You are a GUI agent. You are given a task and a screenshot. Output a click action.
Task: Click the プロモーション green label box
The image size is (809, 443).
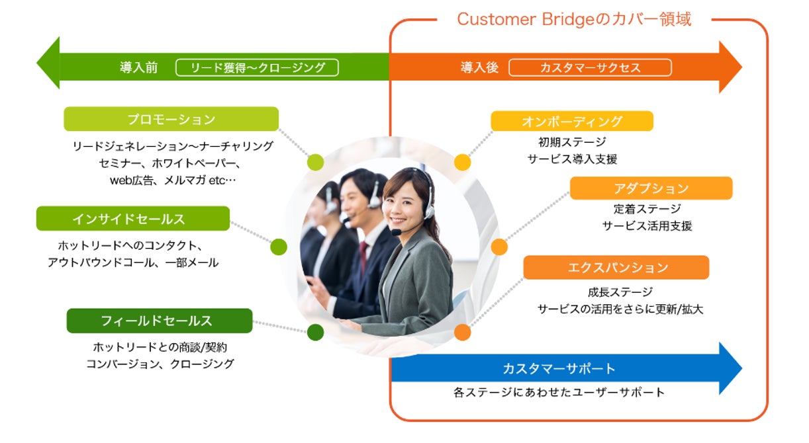171,119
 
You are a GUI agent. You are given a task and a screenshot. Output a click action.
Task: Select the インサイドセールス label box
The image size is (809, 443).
132,218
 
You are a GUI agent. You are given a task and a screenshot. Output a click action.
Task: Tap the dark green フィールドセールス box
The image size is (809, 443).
159,321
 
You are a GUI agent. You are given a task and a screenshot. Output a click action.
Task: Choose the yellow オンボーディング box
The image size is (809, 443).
571,121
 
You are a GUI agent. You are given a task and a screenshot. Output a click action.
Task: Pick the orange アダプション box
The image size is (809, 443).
651,188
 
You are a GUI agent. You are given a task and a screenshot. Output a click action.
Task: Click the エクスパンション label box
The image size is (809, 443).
616,267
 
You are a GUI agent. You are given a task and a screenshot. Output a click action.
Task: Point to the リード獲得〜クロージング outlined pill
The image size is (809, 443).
257,67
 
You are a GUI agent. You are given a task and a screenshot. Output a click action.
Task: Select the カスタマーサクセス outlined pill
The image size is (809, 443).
590,67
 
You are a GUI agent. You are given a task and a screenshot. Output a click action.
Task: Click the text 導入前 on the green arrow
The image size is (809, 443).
138,67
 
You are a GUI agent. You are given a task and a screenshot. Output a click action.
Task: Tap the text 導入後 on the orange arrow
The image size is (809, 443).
479,67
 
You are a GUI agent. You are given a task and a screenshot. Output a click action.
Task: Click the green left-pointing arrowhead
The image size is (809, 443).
48,63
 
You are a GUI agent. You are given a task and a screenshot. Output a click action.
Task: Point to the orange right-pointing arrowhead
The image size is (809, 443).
730,67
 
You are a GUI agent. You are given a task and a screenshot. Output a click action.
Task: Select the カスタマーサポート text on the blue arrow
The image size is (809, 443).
559,368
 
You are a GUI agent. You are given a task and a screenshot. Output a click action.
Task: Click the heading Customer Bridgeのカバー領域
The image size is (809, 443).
574,19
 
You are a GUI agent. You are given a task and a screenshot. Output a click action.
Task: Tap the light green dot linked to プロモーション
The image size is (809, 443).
316,162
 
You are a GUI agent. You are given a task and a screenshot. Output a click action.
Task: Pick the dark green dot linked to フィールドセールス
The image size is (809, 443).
316,332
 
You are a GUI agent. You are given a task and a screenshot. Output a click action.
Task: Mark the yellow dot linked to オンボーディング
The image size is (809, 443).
463,162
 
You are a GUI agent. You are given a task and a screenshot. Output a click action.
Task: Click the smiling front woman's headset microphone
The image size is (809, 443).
396,232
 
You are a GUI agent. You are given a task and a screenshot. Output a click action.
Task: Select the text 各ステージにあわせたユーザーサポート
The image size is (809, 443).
559,392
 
